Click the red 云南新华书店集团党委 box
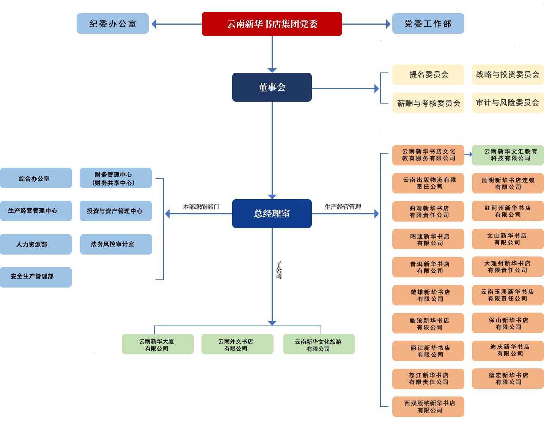[x=272, y=24]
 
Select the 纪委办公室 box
[x=113, y=24]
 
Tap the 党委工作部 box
[x=428, y=24]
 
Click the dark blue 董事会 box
[x=272, y=87]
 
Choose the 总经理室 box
[x=272, y=214]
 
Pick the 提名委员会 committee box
[x=428, y=75]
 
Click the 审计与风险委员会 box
[x=508, y=103]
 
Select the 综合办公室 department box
[x=36, y=178]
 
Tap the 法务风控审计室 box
[x=116, y=244]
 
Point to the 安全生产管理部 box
[x=36, y=277]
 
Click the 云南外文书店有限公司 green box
[x=237, y=344]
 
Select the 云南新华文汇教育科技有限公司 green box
[x=508, y=155]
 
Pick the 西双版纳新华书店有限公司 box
[x=428, y=407]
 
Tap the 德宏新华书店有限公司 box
[x=508, y=379]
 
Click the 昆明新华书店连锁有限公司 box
[x=508, y=183]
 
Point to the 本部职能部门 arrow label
[x=201, y=207]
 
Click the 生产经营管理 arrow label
[x=343, y=207]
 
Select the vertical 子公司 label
[x=278, y=270]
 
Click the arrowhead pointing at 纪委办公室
[x=153, y=24]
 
